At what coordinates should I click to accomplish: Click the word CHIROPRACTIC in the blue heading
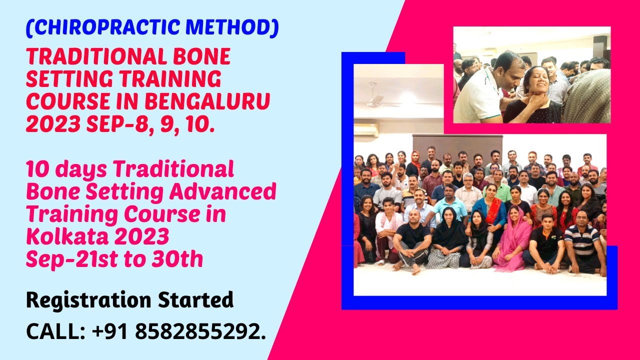pos(108,28)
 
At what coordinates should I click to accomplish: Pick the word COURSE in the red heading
pos(58,101)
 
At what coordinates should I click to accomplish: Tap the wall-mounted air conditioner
pos(366,130)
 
